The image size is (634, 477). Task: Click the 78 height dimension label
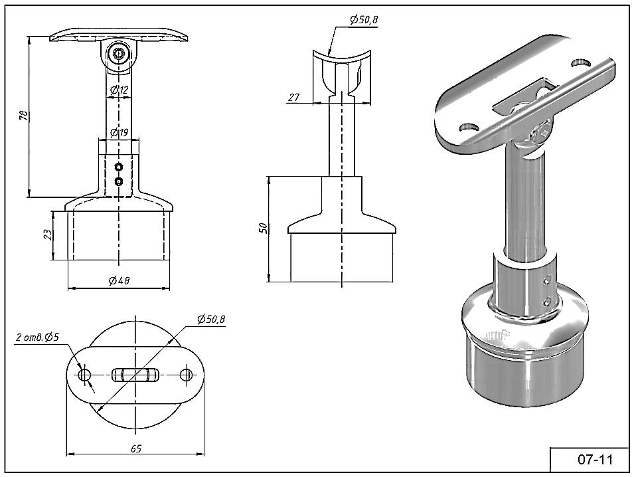point(24,115)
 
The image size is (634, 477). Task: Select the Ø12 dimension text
point(119,90)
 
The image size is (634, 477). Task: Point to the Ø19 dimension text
point(119,133)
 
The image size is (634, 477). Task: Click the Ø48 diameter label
point(119,280)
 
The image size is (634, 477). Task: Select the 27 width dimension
point(294,97)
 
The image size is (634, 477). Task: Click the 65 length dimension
point(135,449)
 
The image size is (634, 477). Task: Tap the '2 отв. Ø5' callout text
point(38,337)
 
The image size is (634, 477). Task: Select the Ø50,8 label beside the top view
point(211,320)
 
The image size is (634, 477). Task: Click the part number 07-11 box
point(590,459)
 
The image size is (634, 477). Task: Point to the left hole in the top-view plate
point(84,375)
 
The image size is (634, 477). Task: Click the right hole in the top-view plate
point(187,375)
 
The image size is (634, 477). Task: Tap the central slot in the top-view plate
point(135,375)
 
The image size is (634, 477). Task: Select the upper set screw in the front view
point(119,166)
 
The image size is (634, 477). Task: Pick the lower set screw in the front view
point(119,181)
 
